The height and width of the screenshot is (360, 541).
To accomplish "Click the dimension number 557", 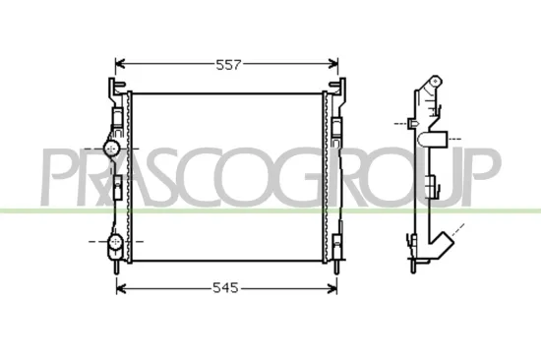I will (x=227, y=65).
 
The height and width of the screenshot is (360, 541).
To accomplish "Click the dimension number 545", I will (x=227, y=289).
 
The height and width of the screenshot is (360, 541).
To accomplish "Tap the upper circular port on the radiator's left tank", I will (x=112, y=148).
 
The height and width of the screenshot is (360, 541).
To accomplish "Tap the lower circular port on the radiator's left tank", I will (x=112, y=240).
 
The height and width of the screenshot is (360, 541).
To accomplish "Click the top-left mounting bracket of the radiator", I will (x=111, y=90).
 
